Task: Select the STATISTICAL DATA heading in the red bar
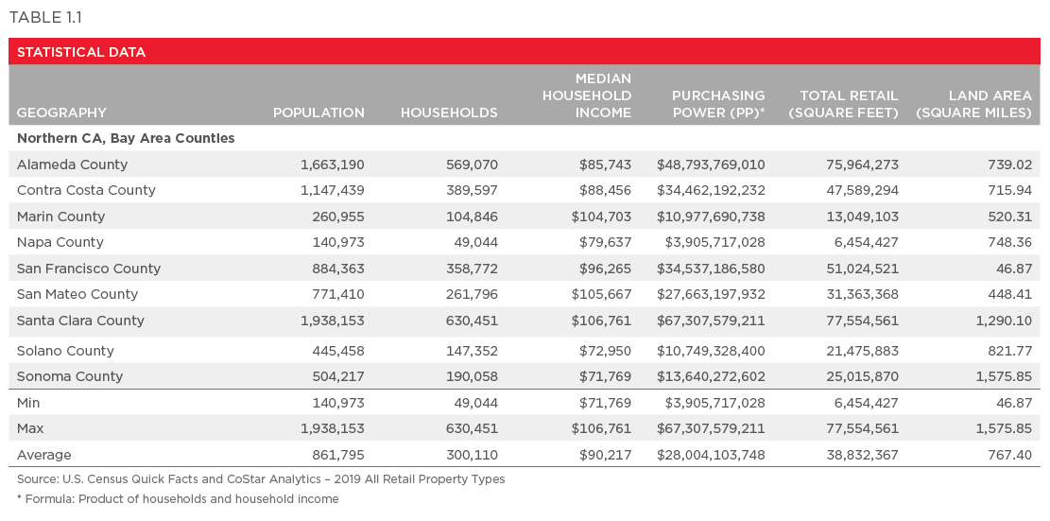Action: point(81,52)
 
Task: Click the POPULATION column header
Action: point(318,113)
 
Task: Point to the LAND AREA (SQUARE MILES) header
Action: point(973,104)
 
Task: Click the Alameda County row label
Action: point(72,165)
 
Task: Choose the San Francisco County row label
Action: point(89,269)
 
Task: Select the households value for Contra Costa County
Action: point(472,190)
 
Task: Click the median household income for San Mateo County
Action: point(601,294)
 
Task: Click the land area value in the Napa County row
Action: point(1007,242)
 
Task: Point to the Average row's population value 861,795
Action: point(338,455)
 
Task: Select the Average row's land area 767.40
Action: point(1007,455)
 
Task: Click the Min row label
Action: point(29,403)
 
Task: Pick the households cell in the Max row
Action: point(472,429)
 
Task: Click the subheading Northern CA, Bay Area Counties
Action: point(126,138)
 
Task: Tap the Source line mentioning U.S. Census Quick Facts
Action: point(261,479)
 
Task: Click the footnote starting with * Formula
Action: point(178,499)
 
